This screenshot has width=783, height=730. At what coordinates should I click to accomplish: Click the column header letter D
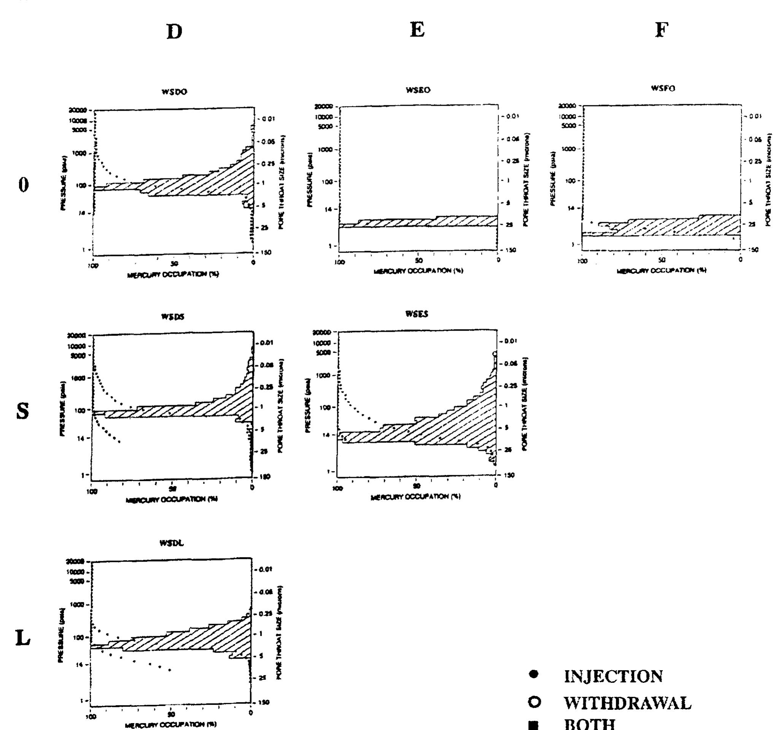coord(174,32)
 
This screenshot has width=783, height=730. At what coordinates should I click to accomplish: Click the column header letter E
coord(417,30)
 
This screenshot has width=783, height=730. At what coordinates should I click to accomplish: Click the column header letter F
coord(662,30)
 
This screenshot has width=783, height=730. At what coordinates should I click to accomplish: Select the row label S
coord(22,411)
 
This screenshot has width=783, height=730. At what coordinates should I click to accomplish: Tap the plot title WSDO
coord(174,92)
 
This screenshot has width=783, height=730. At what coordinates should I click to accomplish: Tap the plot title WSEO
coord(418,90)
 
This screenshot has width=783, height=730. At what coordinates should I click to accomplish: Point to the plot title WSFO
coord(663,88)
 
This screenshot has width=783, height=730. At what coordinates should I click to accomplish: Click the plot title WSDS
coord(173,317)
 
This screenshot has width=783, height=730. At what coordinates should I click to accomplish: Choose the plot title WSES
coord(417,314)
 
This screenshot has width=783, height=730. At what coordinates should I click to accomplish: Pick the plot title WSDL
coord(172,543)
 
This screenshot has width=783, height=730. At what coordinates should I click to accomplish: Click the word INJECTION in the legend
coord(613,677)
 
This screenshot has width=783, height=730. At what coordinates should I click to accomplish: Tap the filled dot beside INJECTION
coord(534,674)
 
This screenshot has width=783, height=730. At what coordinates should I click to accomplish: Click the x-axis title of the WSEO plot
coord(418,271)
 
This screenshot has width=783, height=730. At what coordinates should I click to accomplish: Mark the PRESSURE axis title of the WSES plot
coord(309,406)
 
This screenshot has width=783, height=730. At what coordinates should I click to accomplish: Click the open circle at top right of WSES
coord(495,354)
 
